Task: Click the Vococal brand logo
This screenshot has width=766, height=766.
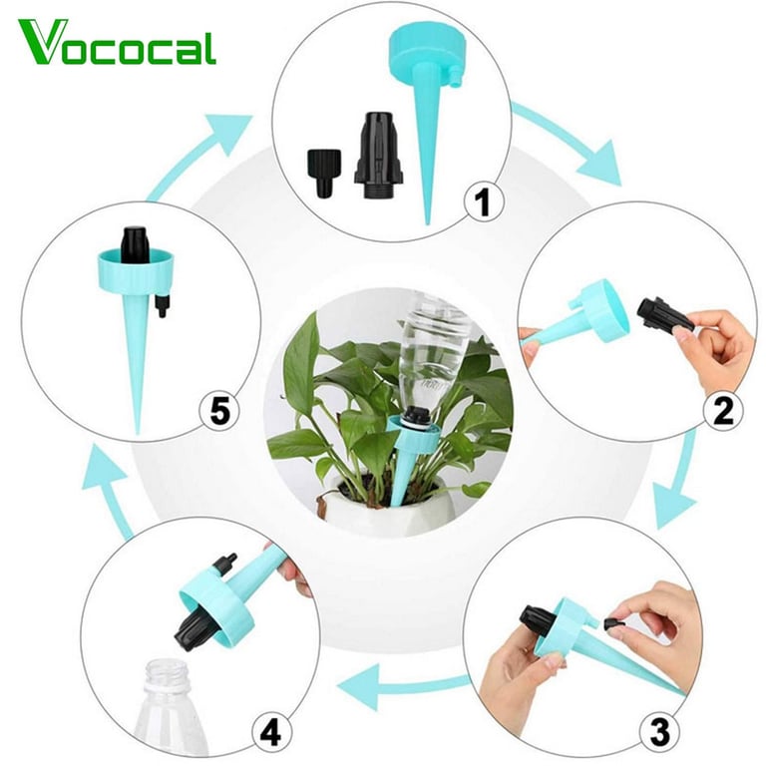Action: (x=118, y=42)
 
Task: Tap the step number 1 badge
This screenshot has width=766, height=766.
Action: (x=483, y=202)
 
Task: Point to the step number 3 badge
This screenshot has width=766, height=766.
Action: (x=659, y=733)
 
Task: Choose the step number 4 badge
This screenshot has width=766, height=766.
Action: (x=272, y=733)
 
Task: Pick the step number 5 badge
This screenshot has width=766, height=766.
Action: (x=219, y=411)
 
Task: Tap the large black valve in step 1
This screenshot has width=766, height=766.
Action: (x=379, y=156)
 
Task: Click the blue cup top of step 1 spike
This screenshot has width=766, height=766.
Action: (x=425, y=54)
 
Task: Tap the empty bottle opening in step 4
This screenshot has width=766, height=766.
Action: (x=168, y=669)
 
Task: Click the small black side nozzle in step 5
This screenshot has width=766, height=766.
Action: (x=162, y=305)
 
